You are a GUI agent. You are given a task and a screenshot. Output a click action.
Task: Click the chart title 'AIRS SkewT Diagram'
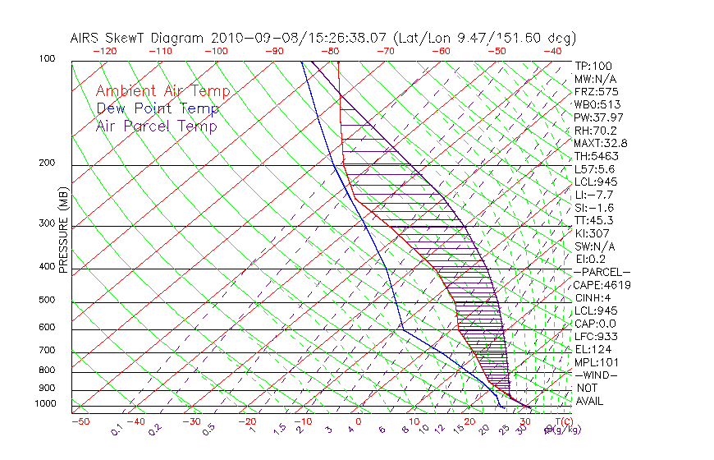click(x=139, y=38)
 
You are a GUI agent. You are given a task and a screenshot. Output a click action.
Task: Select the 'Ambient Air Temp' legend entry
click(x=162, y=91)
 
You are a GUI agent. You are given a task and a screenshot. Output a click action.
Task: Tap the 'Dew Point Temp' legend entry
click(x=158, y=108)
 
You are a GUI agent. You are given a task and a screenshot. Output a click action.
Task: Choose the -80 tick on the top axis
click(x=331, y=51)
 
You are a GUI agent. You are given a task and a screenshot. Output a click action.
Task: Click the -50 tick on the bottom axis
click(x=80, y=422)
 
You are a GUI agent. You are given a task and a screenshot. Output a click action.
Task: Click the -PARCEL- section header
click(x=602, y=272)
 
